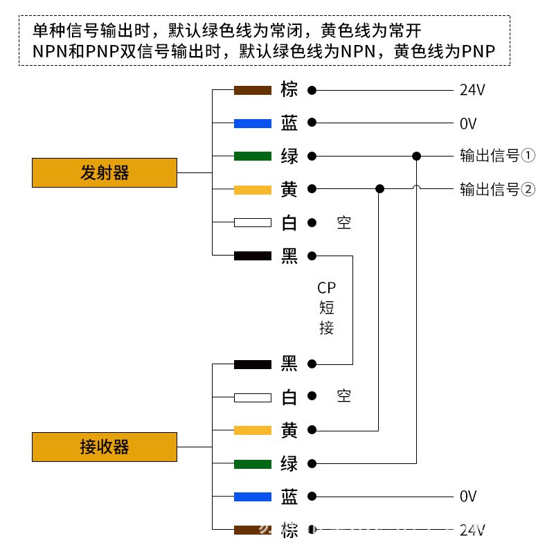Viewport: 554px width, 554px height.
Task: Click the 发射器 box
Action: pos(105,172)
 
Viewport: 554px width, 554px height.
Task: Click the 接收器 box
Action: pos(105,447)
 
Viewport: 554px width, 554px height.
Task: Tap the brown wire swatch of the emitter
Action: pos(252,90)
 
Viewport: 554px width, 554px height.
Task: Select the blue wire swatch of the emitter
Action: pos(252,123)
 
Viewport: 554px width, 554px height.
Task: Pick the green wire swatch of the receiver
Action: pos(252,463)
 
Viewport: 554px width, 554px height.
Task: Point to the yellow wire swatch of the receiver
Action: pos(252,431)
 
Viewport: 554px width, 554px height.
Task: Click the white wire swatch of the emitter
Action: pos(252,223)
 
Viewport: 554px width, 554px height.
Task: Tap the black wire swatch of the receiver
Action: pos(252,364)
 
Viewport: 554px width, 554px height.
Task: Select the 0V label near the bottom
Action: pos(469,497)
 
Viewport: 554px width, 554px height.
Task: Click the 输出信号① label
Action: pos(497,156)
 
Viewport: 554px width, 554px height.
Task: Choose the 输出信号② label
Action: pos(497,189)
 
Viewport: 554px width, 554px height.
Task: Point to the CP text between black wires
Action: pos(326,288)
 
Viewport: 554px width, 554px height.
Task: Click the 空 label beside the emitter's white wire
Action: pos(343,223)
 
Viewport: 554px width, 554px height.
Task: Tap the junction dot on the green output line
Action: pos(416,156)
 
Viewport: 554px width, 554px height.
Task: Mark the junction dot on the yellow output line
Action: pos(379,188)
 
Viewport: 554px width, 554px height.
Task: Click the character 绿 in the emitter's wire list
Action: pos(289,157)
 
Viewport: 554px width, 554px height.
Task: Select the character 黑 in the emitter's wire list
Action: pos(289,256)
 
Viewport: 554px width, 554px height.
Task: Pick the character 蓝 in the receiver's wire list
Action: pos(289,497)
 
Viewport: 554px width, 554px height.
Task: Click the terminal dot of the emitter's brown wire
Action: pos(312,90)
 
